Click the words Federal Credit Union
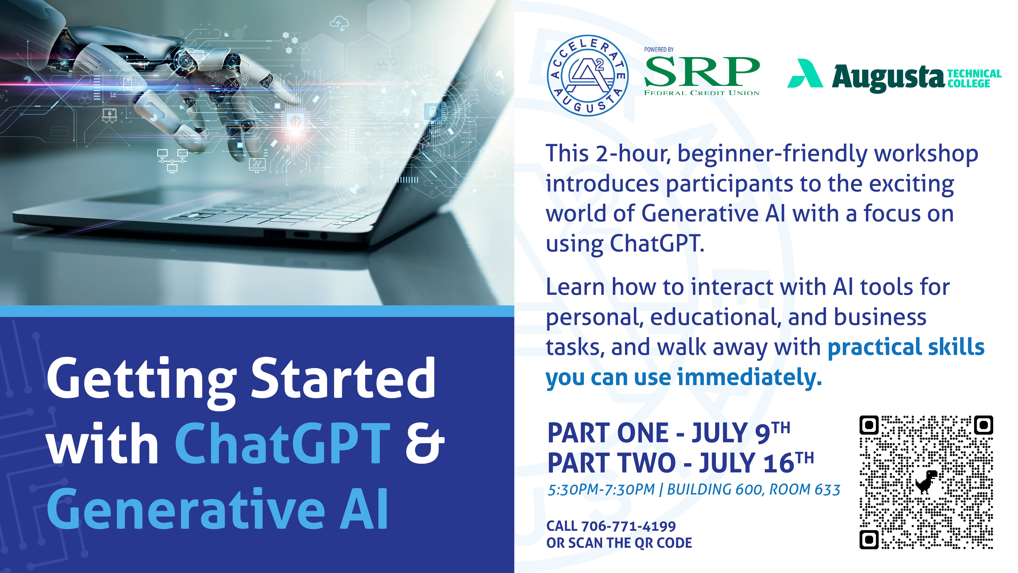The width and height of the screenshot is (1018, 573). point(702,93)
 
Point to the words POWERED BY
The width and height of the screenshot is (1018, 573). point(659,49)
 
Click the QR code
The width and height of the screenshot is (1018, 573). point(926,482)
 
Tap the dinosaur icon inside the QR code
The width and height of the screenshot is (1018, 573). point(926,482)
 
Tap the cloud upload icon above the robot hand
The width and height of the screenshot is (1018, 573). point(340,23)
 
